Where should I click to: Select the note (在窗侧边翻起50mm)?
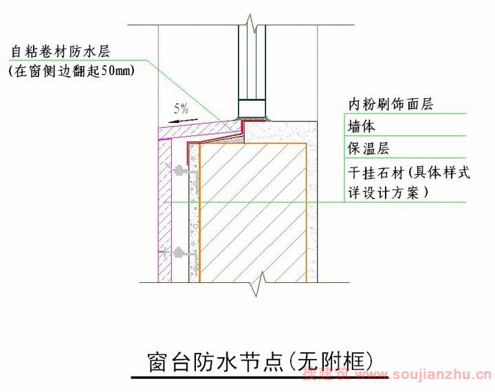[72, 71]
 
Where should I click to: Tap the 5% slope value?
[181, 108]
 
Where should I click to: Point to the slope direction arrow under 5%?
[183, 121]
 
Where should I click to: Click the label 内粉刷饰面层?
[390, 104]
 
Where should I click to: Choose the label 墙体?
[362, 126]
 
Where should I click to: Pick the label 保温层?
[368, 148]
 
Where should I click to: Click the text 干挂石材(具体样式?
[409, 172]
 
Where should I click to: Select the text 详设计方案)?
[388, 192]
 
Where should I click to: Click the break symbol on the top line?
[252, 24]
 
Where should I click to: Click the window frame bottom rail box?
[252, 108]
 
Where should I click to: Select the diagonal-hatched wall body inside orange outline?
[253, 213]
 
